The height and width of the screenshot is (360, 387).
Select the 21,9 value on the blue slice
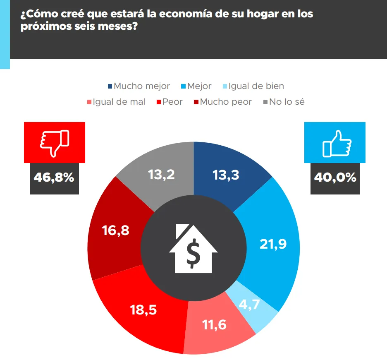tap(273, 245)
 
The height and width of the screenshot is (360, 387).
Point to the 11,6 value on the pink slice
tap(214, 325)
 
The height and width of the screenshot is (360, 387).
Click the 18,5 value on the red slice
tap(143, 310)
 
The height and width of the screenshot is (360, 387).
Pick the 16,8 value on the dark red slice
tap(116, 230)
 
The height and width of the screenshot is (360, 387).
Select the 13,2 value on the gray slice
tap(161, 175)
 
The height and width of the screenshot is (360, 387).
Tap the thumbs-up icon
tap(335, 143)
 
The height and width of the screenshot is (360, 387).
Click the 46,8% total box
tap(54, 178)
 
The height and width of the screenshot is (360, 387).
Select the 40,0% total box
tap(335, 178)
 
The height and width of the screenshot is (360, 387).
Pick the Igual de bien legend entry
tap(253, 86)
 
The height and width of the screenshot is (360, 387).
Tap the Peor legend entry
tap(169, 102)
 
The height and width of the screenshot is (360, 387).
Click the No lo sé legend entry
tap(284, 102)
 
